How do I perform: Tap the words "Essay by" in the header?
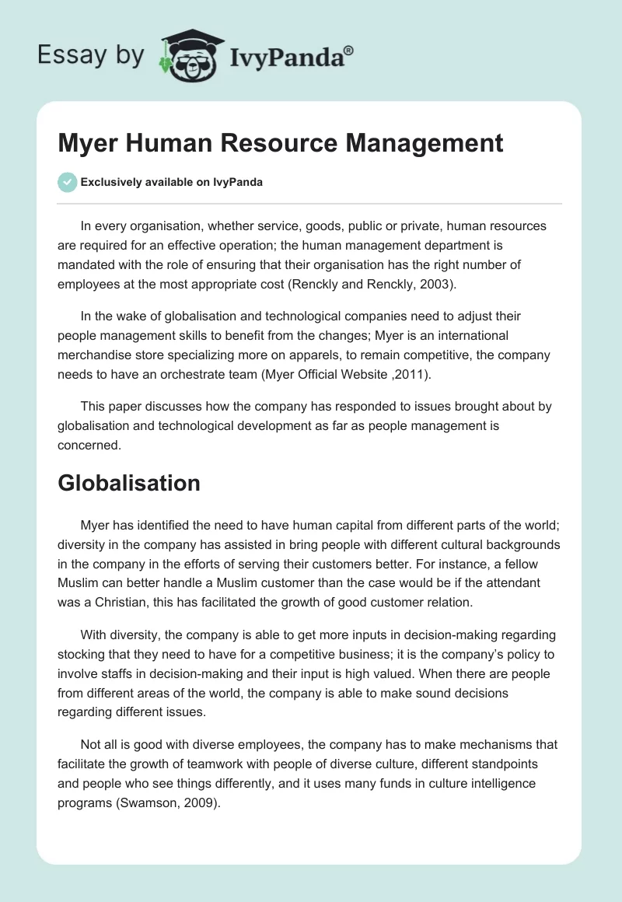tap(90, 55)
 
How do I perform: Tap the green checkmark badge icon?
tap(67, 183)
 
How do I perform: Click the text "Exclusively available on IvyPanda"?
tap(172, 183)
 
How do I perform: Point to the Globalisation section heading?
tap(129, 483)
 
